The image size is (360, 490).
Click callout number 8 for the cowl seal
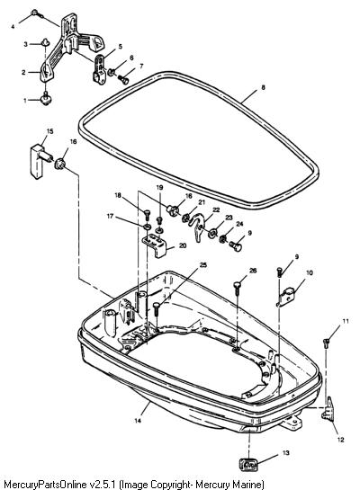(x=263, y=87)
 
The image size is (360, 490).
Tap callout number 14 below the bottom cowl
(x=138, y=421)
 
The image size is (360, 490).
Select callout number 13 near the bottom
(x=286, y=453)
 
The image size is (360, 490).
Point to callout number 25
(x=203, y=265)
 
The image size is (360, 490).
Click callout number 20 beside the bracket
(x=183, y=245)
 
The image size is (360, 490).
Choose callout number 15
(x=50, y=131)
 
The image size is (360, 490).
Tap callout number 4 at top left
(x=13, y=27)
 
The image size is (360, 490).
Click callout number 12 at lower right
(x=340, y=440)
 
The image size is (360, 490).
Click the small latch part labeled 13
(x=248, y=464)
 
